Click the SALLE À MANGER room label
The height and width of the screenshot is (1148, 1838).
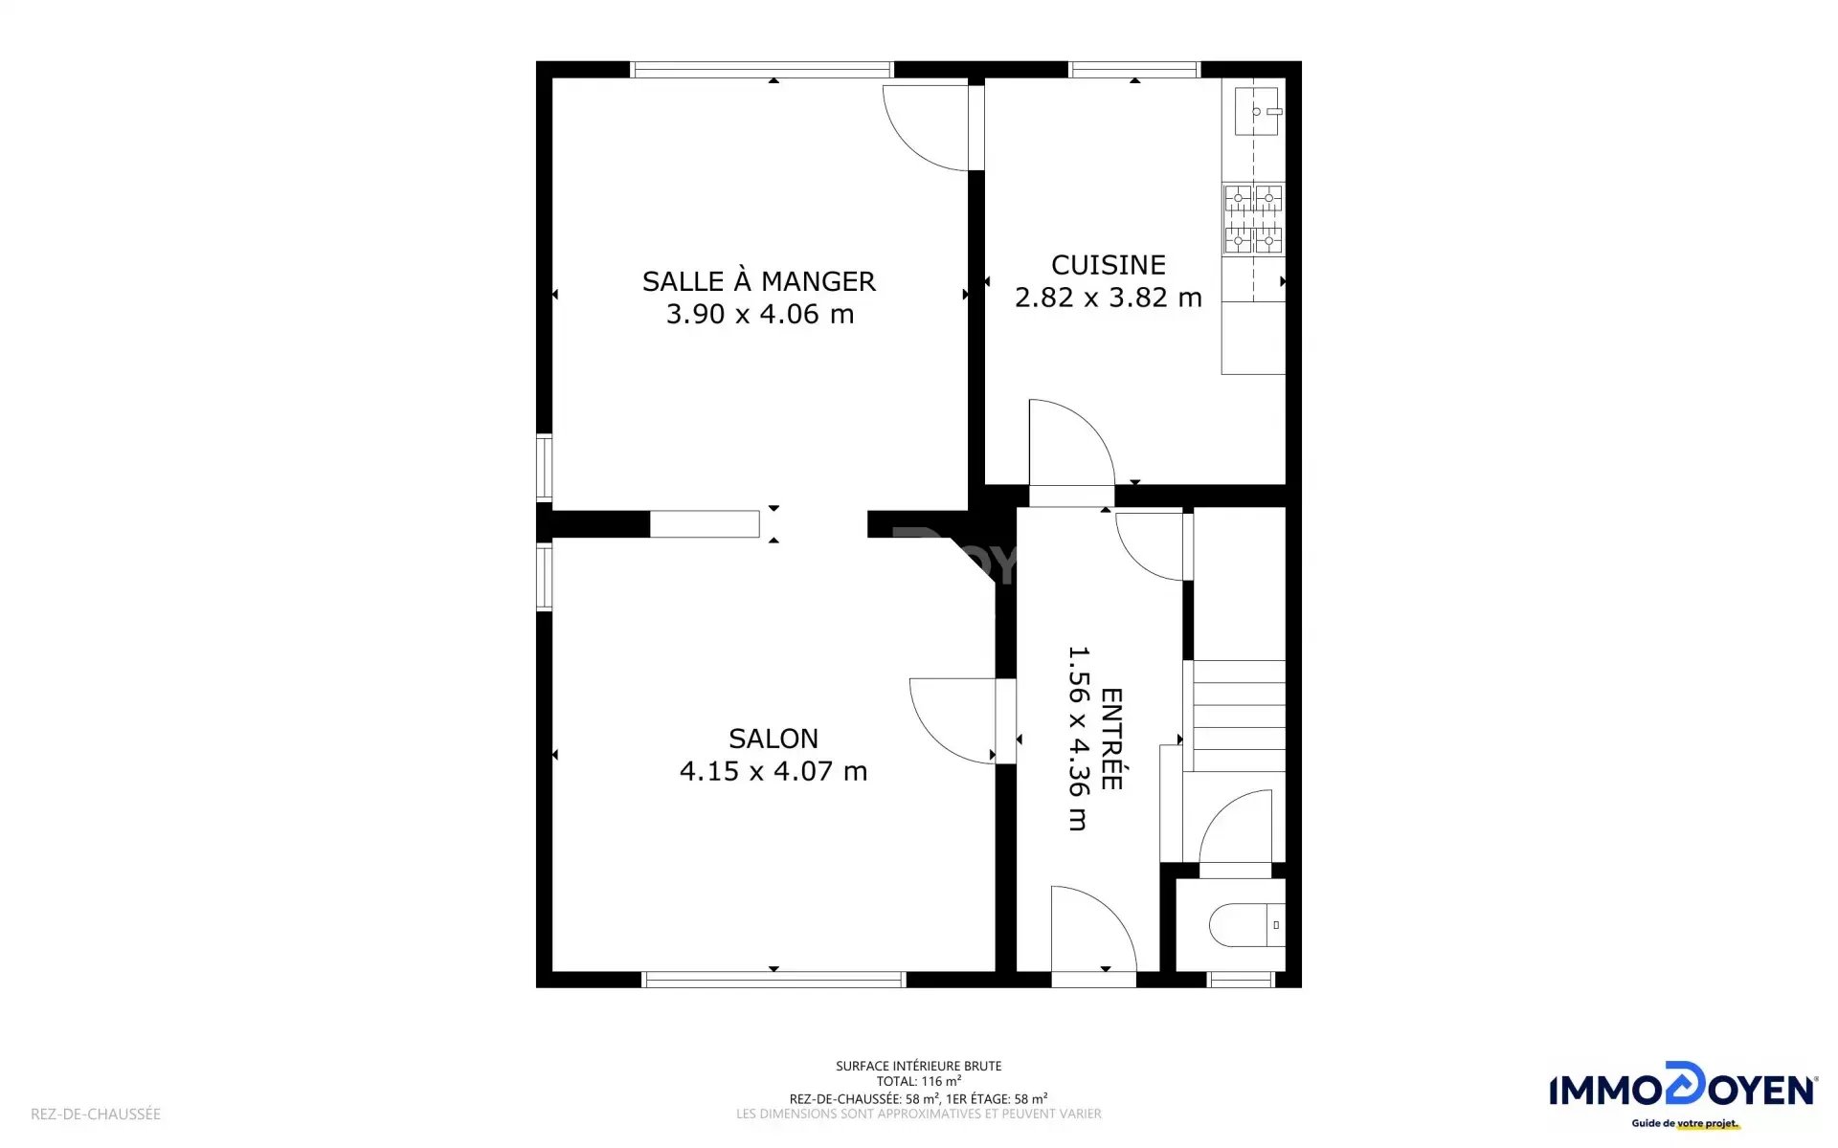click(x=758, y=280)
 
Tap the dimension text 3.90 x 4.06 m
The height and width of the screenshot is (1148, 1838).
click(x=760, y=314)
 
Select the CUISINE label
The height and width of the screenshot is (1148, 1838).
click(x=1109, y=265)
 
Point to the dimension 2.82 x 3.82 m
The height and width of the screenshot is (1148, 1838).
click(x=1109, y=298)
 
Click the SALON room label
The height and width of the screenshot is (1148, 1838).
click(x=773, y=739)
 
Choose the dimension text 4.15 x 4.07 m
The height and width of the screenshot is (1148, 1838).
click(x=773, y=771)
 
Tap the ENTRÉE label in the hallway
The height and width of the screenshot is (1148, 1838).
click(x=1111, y=739)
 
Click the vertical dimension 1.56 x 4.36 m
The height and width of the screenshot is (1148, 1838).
click(x=1079, y=739)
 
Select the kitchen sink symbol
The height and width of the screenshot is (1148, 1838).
click(x=1257, y=111)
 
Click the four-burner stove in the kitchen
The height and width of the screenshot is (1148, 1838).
click(x=1253, y=219)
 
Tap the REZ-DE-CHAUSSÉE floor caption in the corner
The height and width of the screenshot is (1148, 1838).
click(x=96, y=1114)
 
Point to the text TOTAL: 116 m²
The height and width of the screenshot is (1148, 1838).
click(x=919, y=1081)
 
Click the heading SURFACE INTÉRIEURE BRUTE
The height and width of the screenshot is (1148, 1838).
click(x=919, y=1066)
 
